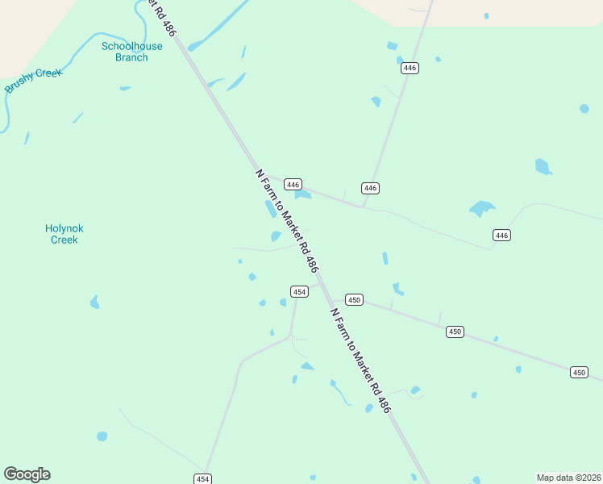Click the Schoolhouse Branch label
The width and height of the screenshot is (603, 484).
[131, 52]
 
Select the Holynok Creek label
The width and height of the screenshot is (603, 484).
[64, 234]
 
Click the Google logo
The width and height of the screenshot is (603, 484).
[27, 474]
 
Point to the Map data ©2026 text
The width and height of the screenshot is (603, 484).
[568, 478]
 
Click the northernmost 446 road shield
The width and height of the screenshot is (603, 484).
[410, 68]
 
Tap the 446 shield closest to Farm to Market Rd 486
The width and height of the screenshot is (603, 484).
[293, 184]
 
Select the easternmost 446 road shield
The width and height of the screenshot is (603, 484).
[502, 235]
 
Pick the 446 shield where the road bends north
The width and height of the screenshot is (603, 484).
[370, 188]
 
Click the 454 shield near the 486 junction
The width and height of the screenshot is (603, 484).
[299, 291]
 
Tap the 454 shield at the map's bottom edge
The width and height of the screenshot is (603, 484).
[202, 478]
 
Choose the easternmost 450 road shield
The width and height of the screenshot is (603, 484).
[579, 372]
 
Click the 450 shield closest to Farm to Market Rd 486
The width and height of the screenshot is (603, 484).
[355, 299]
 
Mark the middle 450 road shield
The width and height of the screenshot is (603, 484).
[455, 332]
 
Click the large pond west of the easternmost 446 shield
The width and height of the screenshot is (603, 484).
[481, 209]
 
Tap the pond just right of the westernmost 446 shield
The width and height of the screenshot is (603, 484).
[303, 194]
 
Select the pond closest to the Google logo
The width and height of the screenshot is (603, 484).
[102, 436]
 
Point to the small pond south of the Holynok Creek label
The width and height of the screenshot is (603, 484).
[95, 302]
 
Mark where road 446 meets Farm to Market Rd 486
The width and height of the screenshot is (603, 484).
[262, 173]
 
